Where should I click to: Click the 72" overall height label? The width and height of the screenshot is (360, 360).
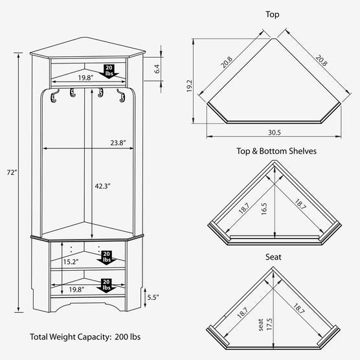coord(12,172)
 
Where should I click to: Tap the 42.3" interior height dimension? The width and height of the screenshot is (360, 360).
coord(103,186)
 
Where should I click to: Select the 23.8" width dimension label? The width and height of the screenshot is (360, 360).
coord(118,143)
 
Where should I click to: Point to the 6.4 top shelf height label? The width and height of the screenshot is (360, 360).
coord(157,69)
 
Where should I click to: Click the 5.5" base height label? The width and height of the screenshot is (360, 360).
coord(153,297)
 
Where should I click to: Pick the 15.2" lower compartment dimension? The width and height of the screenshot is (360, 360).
coord(71,262)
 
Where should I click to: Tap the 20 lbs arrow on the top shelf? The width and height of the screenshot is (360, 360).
coord(109,71)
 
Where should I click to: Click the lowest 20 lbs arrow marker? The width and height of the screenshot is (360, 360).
coord(106,286)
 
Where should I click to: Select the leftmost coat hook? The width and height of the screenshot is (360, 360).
coord(54,96)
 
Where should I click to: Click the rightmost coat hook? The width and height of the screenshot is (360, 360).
coord(121,96)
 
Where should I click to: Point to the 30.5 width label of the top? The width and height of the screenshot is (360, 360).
coord(275,133)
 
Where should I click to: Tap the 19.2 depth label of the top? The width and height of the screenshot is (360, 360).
coord(189,86)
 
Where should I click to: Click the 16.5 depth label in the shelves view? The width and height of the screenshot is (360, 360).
coord(264,208)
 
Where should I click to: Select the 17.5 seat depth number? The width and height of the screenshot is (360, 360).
coord(269,324)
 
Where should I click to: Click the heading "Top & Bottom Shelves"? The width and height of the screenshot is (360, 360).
coord(276,151)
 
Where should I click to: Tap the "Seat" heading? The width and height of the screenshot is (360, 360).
coord(273,256)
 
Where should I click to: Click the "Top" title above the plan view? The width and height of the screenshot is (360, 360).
coord(273,14)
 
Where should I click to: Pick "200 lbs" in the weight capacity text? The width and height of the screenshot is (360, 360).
coord(128,337)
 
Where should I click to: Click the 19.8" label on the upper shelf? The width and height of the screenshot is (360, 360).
coord(85,78)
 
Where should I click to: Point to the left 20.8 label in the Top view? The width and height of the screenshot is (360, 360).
coord(227,62)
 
